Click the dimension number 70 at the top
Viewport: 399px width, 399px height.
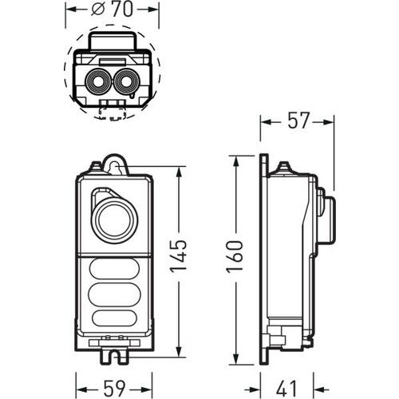[x=120, y=11]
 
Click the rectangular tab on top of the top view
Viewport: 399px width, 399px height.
[x=113, y=41]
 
